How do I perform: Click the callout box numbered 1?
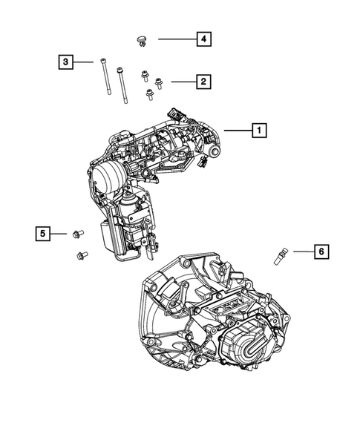259,131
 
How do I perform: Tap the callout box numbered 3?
66,62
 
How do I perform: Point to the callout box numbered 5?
43,234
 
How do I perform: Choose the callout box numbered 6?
321,252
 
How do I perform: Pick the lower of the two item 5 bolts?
81,256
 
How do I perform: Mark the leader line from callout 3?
84,62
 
